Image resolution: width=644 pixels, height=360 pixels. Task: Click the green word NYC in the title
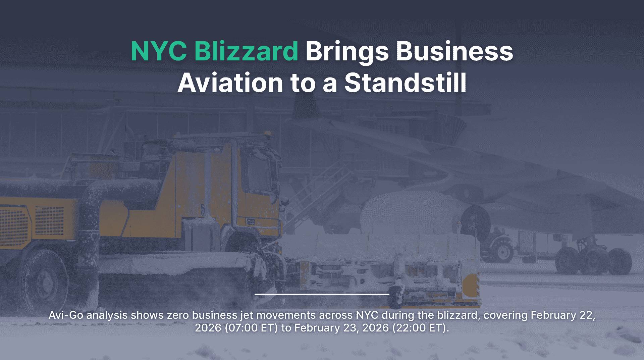click(159, 51)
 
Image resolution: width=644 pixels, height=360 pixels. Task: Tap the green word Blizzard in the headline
click(246, 51)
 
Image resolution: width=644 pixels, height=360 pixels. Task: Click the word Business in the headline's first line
click(454, 51)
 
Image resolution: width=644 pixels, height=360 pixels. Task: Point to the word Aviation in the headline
click(230, 83)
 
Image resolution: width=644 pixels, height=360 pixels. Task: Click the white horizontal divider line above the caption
click(322, 294)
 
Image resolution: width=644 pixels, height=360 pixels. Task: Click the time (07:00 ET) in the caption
click(251, 327)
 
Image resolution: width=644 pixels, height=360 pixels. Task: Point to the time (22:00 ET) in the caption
click(420, 327)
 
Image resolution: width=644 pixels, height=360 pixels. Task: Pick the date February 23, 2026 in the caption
click(342, 328)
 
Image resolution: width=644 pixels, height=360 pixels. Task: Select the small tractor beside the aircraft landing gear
click(498, 244)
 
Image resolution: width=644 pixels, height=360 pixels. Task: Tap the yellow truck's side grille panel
click(49, 220)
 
